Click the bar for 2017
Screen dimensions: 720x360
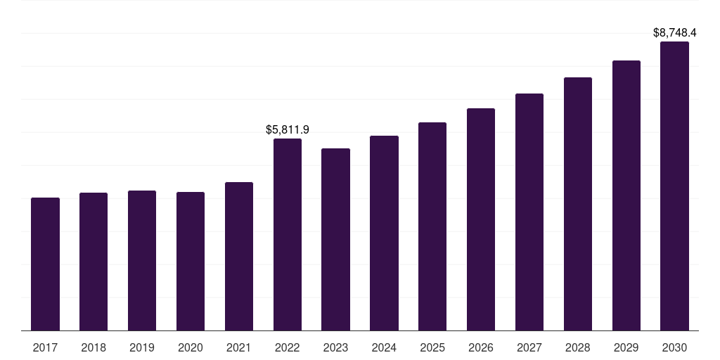click(x=45, y=264)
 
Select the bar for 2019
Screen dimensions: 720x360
click(x=142, y=260)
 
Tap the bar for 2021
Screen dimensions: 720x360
click(x=239, y=256)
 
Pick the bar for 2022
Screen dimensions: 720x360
click(x=288, y=235)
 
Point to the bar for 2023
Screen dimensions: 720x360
click(x=335, y=239)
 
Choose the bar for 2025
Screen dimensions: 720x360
click(x=432, y=226)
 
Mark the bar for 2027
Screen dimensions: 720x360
click(x=529, y=212)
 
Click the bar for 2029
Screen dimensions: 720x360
click(x=626, y=195)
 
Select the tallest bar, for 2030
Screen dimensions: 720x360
click(x=674, y=186)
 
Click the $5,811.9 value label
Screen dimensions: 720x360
click(x=288, y=130)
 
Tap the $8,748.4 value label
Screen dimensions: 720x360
click(x=674, y=32)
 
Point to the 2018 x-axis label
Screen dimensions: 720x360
click(x=94, y=348)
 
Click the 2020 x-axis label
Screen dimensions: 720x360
click(x=191, y=348)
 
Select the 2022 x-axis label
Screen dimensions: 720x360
click(x=288, y=348)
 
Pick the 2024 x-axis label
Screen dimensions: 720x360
click(x=384, y=348)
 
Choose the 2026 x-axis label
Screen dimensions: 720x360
click(x=481, y=348)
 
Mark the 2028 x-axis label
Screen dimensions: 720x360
click(x=578, y=348)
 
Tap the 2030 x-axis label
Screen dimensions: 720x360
click(x=674, y=348)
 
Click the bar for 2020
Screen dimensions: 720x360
click(x=191, y=262)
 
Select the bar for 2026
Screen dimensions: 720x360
click(x=481, y=219)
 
